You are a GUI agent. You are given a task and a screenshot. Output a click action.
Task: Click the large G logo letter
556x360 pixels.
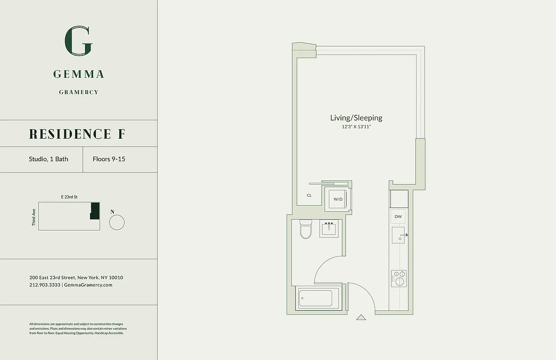(x=79, y=41)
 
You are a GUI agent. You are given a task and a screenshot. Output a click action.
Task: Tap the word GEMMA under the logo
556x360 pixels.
(x=79, y=74)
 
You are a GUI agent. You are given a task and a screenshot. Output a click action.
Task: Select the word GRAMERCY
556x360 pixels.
(x=79, y=92)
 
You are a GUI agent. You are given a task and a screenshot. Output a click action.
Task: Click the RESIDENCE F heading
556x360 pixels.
(x=77, y=134)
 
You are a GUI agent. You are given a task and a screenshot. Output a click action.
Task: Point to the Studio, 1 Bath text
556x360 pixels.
(x=49, y=159)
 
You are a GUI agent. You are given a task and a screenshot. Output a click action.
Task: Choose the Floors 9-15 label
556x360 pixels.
(x=109, y=159)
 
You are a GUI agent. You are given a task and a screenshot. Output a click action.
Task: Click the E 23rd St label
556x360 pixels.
(x=69, y=197)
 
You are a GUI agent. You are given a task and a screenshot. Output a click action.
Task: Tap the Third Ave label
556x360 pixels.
(x=34, y=216)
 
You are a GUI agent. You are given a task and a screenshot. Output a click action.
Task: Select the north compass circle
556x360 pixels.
(x=117, y=222)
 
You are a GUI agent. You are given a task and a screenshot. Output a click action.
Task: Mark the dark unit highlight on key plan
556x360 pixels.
(x=94, y=211)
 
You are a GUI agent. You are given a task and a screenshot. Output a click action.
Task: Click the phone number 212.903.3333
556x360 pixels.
(x=45, y=285)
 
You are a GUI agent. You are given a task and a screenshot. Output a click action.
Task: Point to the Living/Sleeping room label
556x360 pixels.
(x=356, y=118)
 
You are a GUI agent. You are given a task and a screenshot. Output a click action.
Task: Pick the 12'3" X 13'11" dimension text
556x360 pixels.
(x=356, y=127)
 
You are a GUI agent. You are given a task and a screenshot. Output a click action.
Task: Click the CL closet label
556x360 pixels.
(x=309, y=195)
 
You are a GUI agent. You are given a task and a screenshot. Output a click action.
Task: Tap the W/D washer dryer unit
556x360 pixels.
(x=338, y=199)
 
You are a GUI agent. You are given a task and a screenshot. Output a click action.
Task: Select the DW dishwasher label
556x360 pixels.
(x=398, y=216)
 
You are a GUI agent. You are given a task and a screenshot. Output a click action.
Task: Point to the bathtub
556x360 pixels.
(x=315, y=298)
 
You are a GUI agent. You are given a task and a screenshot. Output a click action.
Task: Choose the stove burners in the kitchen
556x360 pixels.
(x=399, y=278)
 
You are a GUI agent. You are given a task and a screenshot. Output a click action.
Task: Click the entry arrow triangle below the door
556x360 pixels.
(x=361, y=317)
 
